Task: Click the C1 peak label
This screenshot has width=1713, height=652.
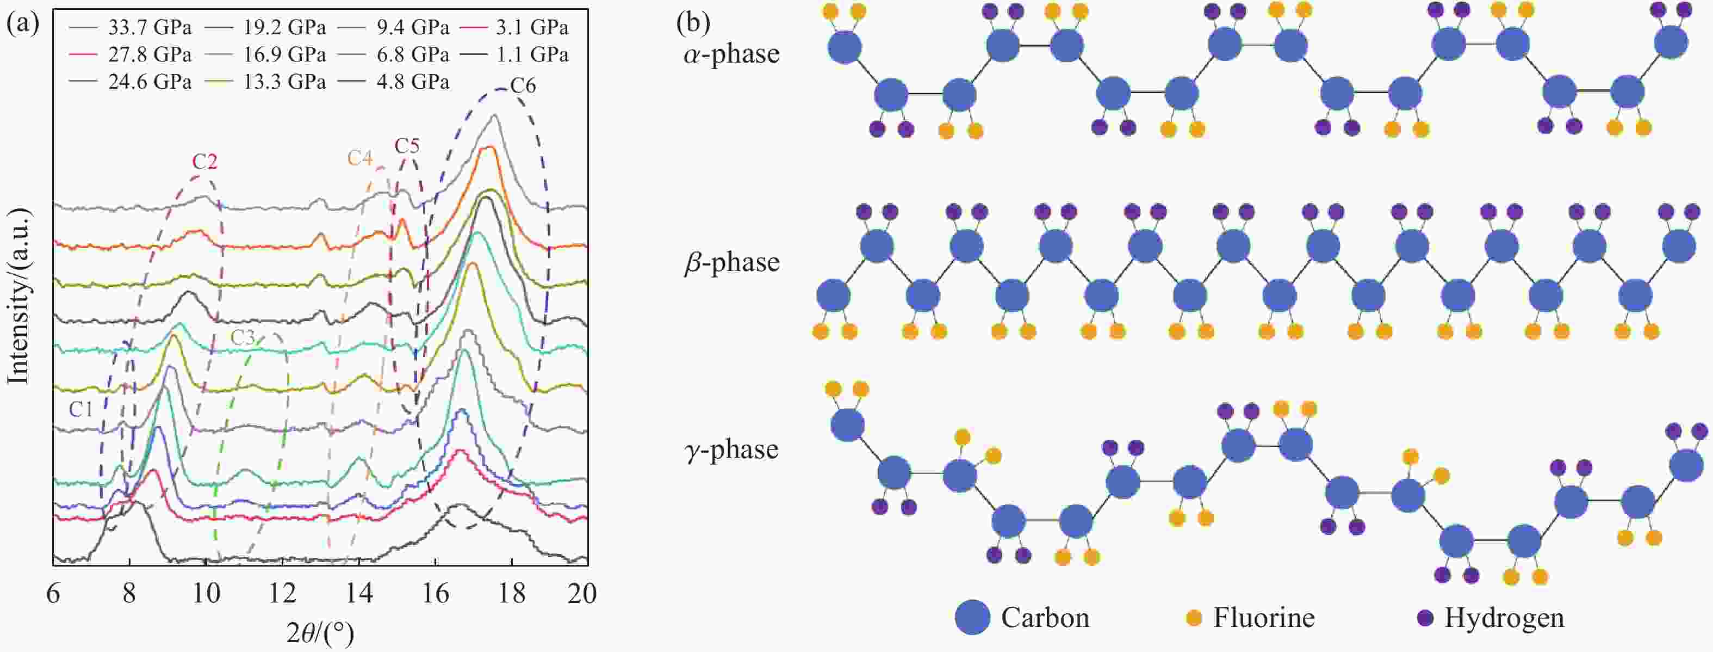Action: tap(81, 409)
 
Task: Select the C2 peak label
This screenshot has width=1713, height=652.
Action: tap(205, 162)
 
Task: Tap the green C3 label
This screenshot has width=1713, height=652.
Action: tap(243, 338)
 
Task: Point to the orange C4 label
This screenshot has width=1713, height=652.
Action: tap(360, 158)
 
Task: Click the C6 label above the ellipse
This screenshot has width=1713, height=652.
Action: tap(523, 86)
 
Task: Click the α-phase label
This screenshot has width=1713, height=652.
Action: tap(731, 54)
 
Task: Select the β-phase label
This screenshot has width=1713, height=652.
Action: tap(731, 263)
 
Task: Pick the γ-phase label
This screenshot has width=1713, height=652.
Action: tap(731, 450)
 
